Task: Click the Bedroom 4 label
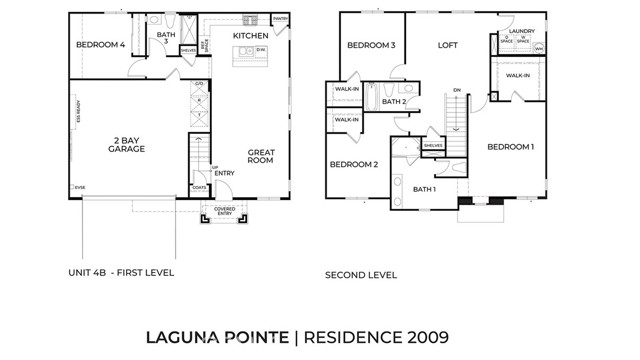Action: coord(101,45)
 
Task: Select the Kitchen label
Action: coord(250,35)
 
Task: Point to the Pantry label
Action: coord(280,18)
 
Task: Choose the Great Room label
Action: coord(261,156)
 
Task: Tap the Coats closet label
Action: coord(199,185)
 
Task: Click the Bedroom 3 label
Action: coord(371,45)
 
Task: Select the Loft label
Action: coord(447,45)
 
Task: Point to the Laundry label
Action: coord(521,31)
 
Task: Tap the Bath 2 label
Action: coord(393,101)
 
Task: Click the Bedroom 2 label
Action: coord(353,164)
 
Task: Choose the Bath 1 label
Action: coord(425,189)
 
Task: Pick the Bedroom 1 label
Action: coord(510,147)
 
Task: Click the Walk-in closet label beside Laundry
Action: coord(518,75)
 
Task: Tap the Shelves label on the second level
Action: coord(432,145)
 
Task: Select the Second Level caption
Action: coord(361,274)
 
